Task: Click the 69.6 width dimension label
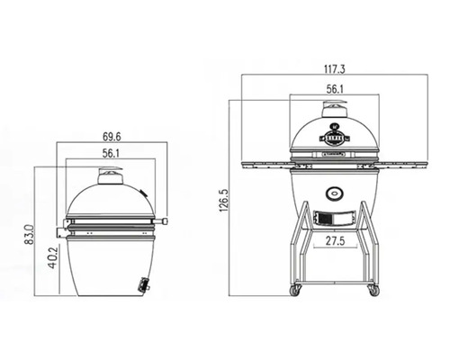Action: [112, 138]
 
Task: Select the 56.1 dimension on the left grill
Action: [112, 154]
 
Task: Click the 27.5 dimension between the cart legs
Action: [336, 241]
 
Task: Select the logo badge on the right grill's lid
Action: [335, 139]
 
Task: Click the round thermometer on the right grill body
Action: [335, 192]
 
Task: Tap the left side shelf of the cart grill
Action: [265, 165]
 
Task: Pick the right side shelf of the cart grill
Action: [405, 165]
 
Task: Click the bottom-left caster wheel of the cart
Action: [293, 291]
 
